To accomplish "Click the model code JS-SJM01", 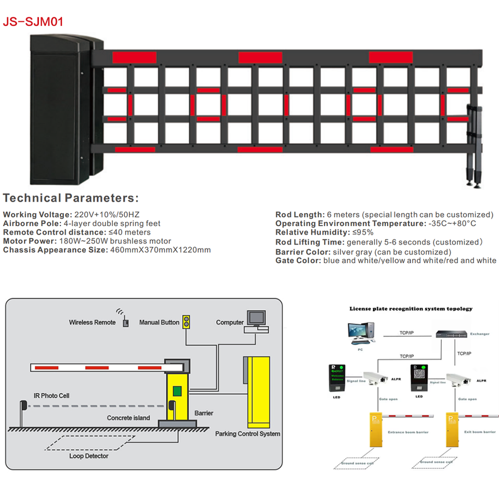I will (x=33, y=22).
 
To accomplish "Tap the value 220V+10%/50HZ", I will (x=107, y=215).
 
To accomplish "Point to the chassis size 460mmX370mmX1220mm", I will (x=160, y=250).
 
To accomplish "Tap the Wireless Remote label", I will (x=93, y=322).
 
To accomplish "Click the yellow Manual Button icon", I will (x=187, y=322).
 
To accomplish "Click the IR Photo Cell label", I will (x=51, y=396).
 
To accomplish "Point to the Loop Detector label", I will (x=89, y=456).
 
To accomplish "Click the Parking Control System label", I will (x=247, y=434).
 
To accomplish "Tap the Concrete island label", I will (x=128, y=417).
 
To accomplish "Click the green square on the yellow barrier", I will (x=177, y=390).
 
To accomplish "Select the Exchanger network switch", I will (x=450, y=335).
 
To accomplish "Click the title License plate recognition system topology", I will (x=411, y=309).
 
